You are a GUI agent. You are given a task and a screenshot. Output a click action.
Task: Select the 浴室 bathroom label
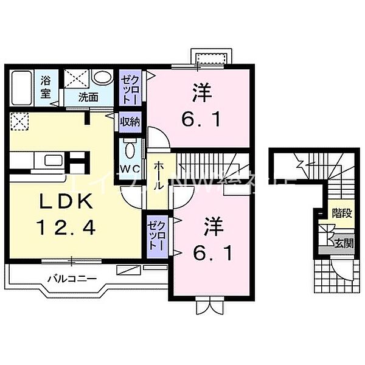pyautogui.click(x=46, y=86)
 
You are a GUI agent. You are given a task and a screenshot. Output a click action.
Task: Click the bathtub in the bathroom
pyautogui.click(x=23, y=88)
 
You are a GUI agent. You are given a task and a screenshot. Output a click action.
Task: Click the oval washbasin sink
pyautogui.click(x=104, y=78)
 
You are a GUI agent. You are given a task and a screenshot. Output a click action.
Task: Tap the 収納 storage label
pyautogui.click(x=130, y=121)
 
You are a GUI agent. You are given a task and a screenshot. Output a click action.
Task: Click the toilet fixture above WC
pyautogui.click(x=129, y=148)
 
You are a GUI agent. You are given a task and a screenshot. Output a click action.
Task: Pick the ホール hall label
pyautogui.click(x=158, y=177)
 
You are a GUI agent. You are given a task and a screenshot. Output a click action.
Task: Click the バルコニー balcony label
pyautogui.click(x=69, y=279)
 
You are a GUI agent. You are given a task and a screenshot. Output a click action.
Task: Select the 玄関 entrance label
pyautogui.click(x=344, y=244)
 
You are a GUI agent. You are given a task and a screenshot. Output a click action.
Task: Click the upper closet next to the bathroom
pyautogui.click(x=130, y=89)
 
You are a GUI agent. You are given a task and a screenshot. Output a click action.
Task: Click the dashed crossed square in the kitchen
pyautogui.click(x=20, y=122)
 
